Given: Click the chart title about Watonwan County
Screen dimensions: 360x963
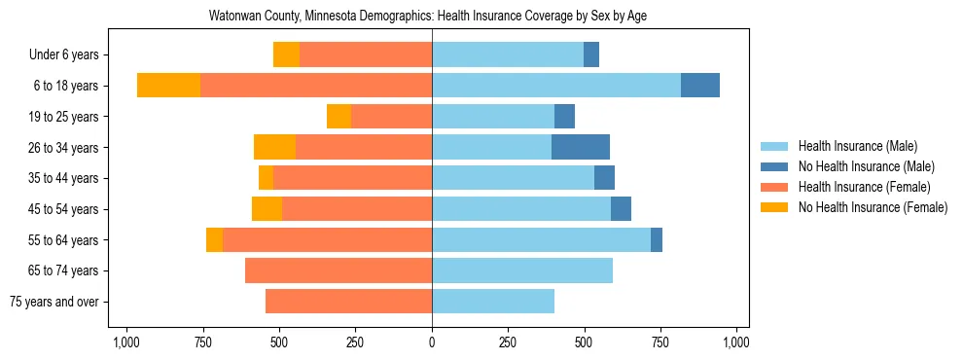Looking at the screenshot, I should point(428,17).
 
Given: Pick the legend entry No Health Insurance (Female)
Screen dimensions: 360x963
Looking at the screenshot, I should point(873,207).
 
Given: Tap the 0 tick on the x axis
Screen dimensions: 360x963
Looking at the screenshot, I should point(432,342).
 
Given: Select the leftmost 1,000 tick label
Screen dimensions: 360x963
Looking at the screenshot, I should point(126,342).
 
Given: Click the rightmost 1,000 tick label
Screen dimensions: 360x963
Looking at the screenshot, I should point(736,342).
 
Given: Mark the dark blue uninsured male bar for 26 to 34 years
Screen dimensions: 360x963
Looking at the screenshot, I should point(581,148).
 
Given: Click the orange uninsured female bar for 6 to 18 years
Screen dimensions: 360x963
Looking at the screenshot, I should point(168,86).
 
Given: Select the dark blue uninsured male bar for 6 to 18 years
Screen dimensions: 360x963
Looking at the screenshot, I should point(700,86).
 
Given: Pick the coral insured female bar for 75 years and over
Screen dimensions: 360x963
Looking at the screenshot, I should point(348,302).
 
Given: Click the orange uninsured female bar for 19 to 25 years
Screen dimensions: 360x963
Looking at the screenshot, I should point(339,117).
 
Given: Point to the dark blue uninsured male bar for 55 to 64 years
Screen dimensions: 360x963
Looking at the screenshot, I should point(657,240).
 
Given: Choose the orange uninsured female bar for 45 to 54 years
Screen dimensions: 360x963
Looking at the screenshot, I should point(267,209).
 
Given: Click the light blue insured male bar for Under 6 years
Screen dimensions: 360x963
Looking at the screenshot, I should point(508,55).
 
